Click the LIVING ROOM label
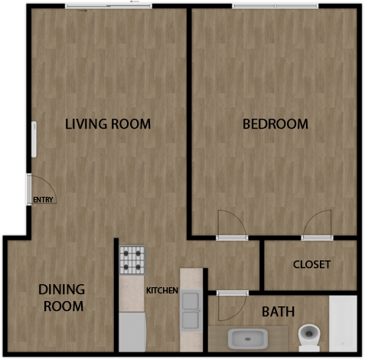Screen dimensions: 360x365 coord(107,123)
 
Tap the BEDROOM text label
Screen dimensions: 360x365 coord(275,123)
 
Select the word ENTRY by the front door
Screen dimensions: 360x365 coord(43,201)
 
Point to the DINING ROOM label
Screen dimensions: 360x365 coord(61,298)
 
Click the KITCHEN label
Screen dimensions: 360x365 coord(162,290)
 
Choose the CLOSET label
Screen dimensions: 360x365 coord(311,264)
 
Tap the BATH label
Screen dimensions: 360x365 coord(278,312)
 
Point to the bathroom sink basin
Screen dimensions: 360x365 coord(247,338)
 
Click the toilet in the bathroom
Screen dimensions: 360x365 coord(308,335)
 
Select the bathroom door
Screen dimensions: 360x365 coord(229,306)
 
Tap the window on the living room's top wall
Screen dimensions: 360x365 coord(108,6)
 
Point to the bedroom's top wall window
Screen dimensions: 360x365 coord(275,6)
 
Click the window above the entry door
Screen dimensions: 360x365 coord(33,146)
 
